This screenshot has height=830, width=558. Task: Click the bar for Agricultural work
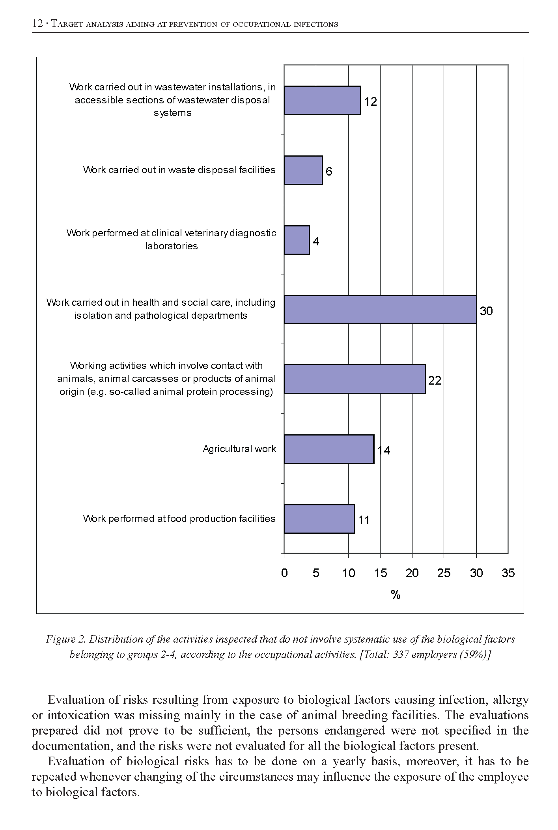point(329,449)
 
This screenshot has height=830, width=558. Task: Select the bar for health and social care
point(380,309)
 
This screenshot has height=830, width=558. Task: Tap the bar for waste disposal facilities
point(303,170)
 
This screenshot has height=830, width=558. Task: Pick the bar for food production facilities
point(319,519)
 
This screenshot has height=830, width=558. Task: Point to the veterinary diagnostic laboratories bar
point(297,240)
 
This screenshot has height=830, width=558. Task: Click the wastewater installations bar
point(322,100)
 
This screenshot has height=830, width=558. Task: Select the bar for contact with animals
point(355,379)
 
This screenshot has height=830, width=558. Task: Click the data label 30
point(486,311)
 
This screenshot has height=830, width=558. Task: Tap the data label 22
point(435,381)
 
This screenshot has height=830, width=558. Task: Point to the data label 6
point(329,172)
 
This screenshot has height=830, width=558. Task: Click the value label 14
point(384,451)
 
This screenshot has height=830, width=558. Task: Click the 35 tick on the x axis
point(508,573)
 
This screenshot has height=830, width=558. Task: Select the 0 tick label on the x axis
point(284,573)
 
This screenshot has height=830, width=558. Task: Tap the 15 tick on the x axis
point(380,573)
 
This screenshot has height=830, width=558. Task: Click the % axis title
point(396,595)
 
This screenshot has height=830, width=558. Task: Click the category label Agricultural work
point(239,449)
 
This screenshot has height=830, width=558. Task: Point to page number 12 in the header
point(37,24)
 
